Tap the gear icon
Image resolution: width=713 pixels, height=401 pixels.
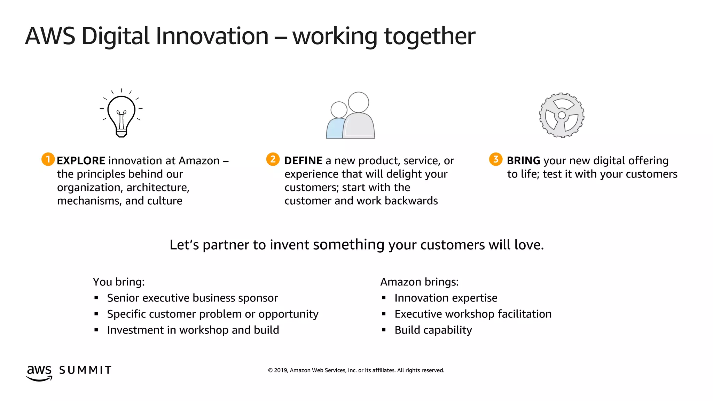coord(562,115)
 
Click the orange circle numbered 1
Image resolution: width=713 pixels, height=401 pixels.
coord(48,159)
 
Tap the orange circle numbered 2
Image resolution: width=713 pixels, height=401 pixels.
coord(273,159)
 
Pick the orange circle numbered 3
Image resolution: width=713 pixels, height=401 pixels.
coord(496,159)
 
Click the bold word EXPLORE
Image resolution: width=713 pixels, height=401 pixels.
coord(81,161)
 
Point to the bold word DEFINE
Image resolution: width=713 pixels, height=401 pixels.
coord(303,161)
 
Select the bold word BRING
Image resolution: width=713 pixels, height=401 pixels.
coord(523,161)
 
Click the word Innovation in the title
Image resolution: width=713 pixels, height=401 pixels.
coord(212,36)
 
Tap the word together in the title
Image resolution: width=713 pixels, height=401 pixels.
coord(429,37)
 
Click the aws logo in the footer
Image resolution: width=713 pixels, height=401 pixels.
coord(39,372)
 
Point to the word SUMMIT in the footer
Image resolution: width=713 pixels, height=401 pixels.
coord(85,370)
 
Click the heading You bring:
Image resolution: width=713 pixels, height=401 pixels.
coord(119,282)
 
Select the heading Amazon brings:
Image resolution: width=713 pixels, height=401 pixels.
coord(419,282)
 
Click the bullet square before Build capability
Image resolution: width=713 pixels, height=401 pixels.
coord(384,330)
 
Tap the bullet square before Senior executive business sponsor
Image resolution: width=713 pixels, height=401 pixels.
coord(96,298)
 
